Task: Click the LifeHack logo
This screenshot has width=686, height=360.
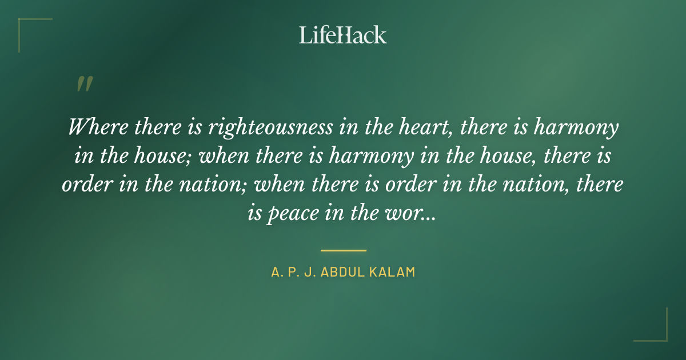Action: [343, 35]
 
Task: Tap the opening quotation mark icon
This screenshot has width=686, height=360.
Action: [85, 84]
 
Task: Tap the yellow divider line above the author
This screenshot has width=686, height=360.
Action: [343, 250]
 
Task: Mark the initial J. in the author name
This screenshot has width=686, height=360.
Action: [309, 272]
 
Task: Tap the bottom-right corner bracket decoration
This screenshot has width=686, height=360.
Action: [657, 331]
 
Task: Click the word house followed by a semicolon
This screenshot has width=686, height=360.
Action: [168, 156]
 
